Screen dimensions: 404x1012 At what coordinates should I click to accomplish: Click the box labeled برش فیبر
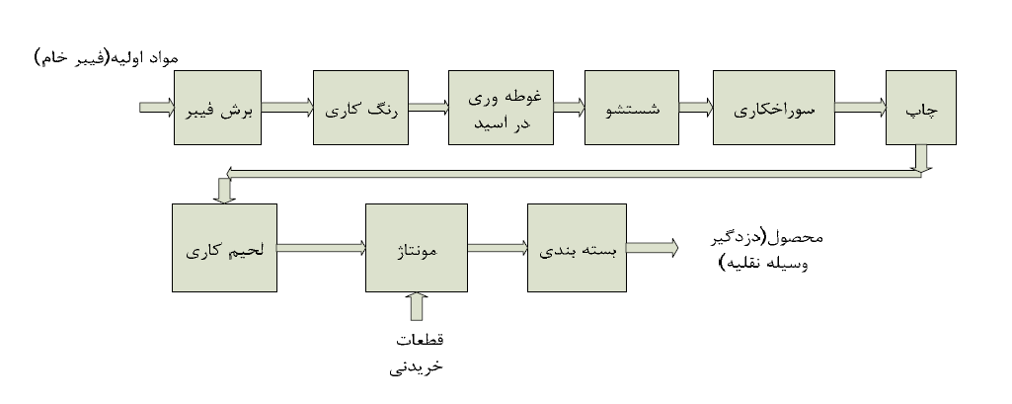pyautogui.click(x=217, y=109)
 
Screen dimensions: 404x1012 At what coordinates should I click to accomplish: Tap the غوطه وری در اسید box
pyautogui.click(x=501, y=109)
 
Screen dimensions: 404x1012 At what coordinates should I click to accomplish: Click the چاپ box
pyautogui.click(x=920, y=109)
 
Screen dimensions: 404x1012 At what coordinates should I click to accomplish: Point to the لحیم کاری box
pyautogui.click(x=225, y=247)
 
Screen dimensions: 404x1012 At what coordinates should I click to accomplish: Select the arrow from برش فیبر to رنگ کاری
pyautogui.click(x=286, y=108)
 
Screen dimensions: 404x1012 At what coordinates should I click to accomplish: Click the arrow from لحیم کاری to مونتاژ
pyautogui.click(x=321, y=248)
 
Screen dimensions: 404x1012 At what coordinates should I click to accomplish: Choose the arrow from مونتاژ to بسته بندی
pyautogui.click(x=498, y=248)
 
